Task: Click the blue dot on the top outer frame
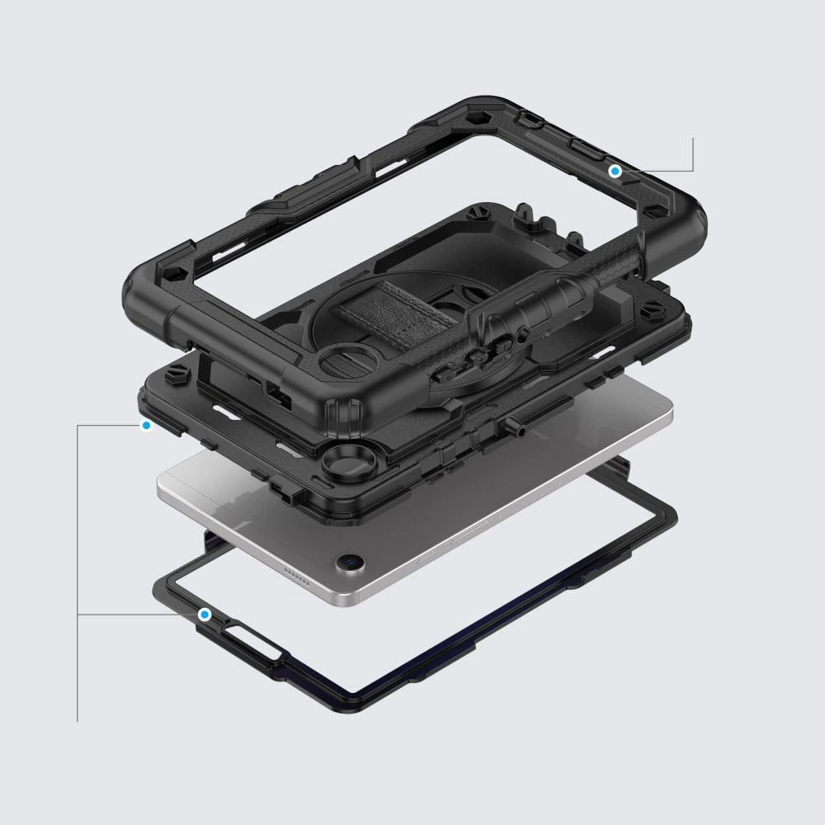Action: click(x=615, y=171)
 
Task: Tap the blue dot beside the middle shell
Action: click(x=147, y=426)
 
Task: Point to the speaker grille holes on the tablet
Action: click(x=295, y=572)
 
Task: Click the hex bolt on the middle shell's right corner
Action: click(x=651, y=313)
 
